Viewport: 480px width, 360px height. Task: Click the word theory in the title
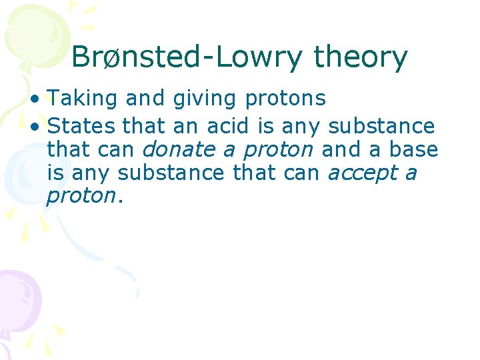360,57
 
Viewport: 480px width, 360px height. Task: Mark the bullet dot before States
39,125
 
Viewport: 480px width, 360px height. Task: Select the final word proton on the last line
80,197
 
